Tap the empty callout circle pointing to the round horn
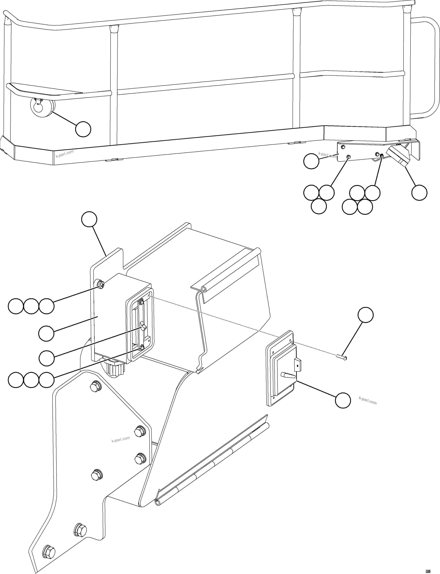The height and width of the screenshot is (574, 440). pos(83,129)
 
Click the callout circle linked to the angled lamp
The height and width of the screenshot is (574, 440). pos(419,193)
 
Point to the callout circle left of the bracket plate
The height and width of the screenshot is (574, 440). pos(311,161)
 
